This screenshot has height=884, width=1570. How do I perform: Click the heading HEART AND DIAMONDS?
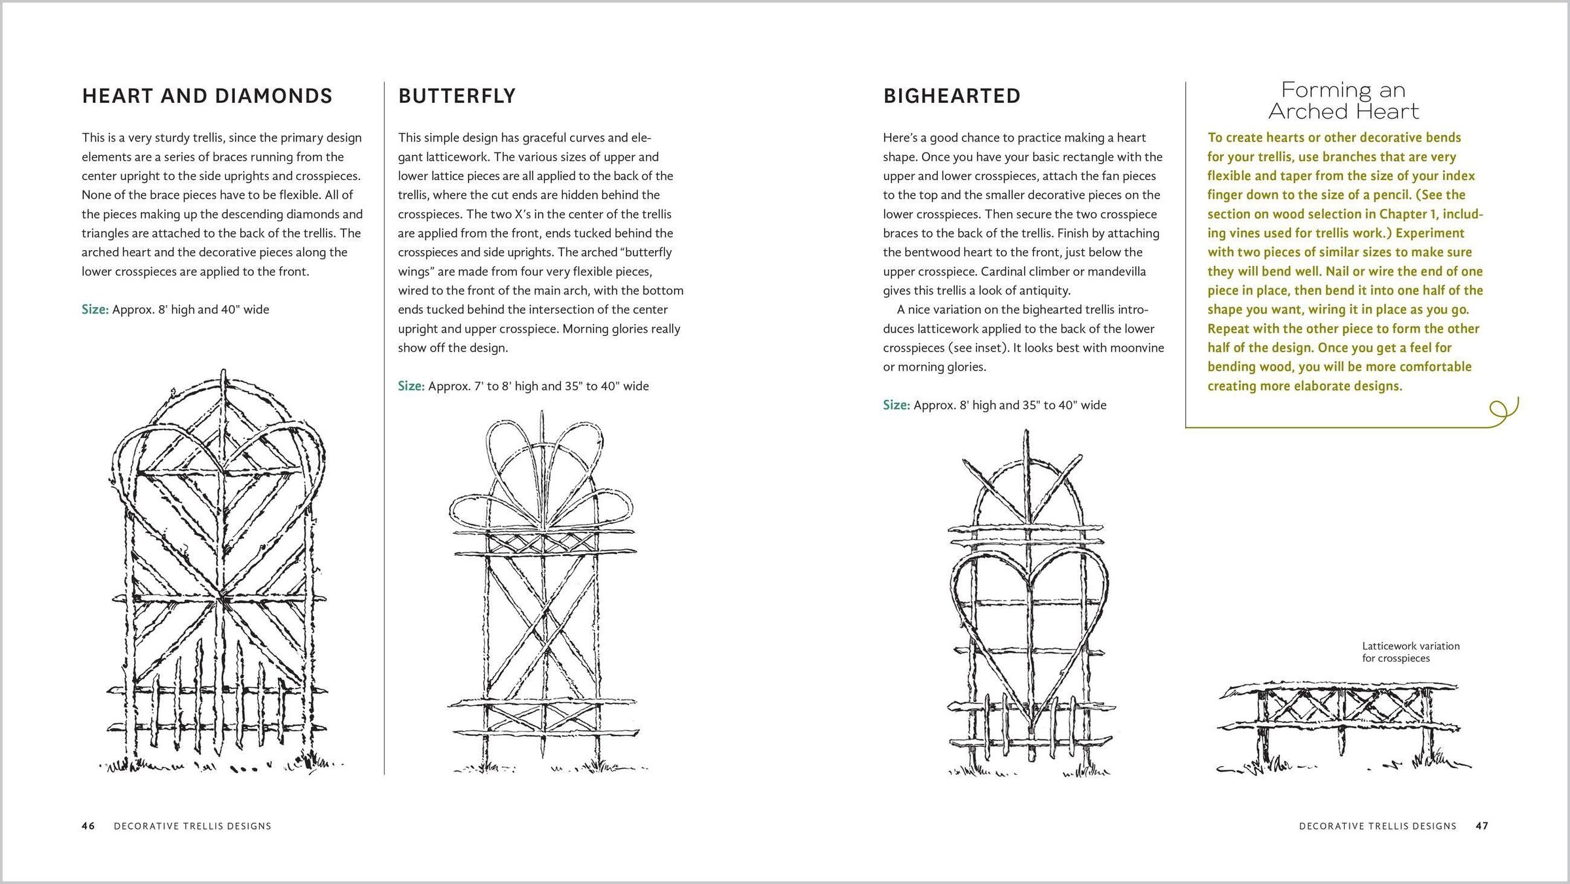tap(207, 96)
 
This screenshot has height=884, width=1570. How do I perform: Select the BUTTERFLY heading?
tap(457, 96)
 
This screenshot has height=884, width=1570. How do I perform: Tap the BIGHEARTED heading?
tap(952, 96)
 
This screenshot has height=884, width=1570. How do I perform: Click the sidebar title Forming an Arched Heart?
tap(1343, 101)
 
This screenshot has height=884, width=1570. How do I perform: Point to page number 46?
tap(88, 826)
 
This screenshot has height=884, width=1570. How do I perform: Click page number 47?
tap(1482, 826)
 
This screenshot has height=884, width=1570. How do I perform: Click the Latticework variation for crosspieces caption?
tap(1410, 652)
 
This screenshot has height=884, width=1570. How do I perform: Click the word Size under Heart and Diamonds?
tap(95, 310)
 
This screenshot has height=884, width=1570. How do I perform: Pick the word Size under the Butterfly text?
tap(411, 386)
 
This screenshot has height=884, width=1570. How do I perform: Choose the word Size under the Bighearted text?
tap(896, 405)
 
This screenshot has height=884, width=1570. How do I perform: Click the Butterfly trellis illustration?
tap(542, 589)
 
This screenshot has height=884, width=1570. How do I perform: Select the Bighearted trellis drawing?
tap(1027, 602)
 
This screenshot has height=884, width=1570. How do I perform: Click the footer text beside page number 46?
tap(192, 826)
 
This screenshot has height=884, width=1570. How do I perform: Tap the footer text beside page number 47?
tap(1378, 826)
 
